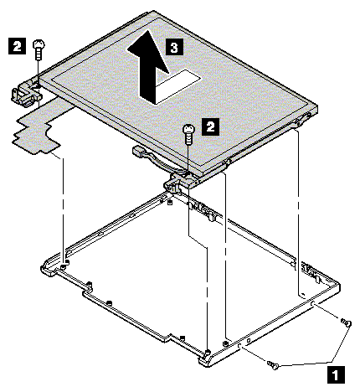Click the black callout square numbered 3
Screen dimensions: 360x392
click(174, 47)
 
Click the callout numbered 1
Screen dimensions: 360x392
click(336, 375)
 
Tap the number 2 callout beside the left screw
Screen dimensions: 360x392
click(17, 46)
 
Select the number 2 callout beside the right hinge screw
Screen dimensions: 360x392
click(211, 126)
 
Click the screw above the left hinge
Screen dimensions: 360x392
click(39, 49)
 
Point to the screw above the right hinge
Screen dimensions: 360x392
click(188, 134)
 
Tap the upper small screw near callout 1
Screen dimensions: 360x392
click(347, 322)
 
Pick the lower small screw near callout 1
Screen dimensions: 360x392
click(273, 365)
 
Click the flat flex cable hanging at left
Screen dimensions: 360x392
click(39, 127)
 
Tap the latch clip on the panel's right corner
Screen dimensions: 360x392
click(302, 120)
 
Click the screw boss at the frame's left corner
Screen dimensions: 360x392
click(64, 266)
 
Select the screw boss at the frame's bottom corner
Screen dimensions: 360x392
click(207, 353)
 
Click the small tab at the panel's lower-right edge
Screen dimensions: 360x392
click(227, 163)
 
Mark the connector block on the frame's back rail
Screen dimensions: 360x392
click(202, 210)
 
